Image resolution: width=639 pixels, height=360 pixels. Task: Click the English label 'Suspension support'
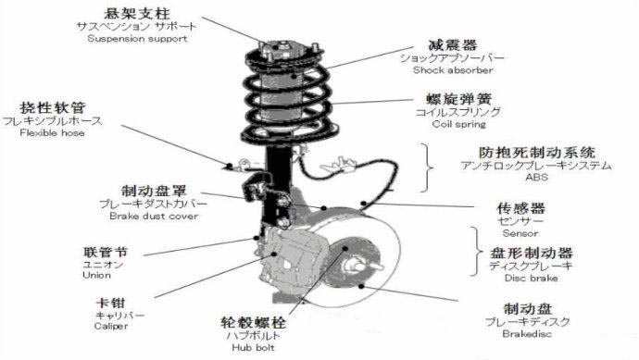(137, 39)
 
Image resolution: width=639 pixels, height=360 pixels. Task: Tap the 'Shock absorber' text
(453, 70)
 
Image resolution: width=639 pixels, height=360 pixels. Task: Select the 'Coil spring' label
(458, 124)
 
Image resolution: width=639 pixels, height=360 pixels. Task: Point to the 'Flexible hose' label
(52, 132)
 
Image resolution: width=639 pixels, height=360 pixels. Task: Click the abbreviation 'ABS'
(537, 177)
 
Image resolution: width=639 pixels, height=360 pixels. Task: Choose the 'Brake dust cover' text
(154, 216)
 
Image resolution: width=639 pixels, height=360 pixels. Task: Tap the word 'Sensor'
(520, 233)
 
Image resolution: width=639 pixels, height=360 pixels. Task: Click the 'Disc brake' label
(531, 279)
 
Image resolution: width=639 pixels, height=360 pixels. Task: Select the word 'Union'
(96, 275)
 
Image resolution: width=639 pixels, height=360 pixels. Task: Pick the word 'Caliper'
(111, 326)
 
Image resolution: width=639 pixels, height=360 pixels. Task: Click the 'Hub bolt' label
(253, 347)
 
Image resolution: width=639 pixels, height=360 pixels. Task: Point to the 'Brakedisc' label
(527, 334)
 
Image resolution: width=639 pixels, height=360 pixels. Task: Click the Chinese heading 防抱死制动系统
(537, 153)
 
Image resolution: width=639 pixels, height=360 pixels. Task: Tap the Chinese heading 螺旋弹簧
(458, 99)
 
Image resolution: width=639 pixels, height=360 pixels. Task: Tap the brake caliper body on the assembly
(292, 261)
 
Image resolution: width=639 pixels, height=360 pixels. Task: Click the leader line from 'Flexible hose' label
(175, 145)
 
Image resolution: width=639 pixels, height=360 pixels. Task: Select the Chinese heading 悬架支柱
(137, 14)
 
